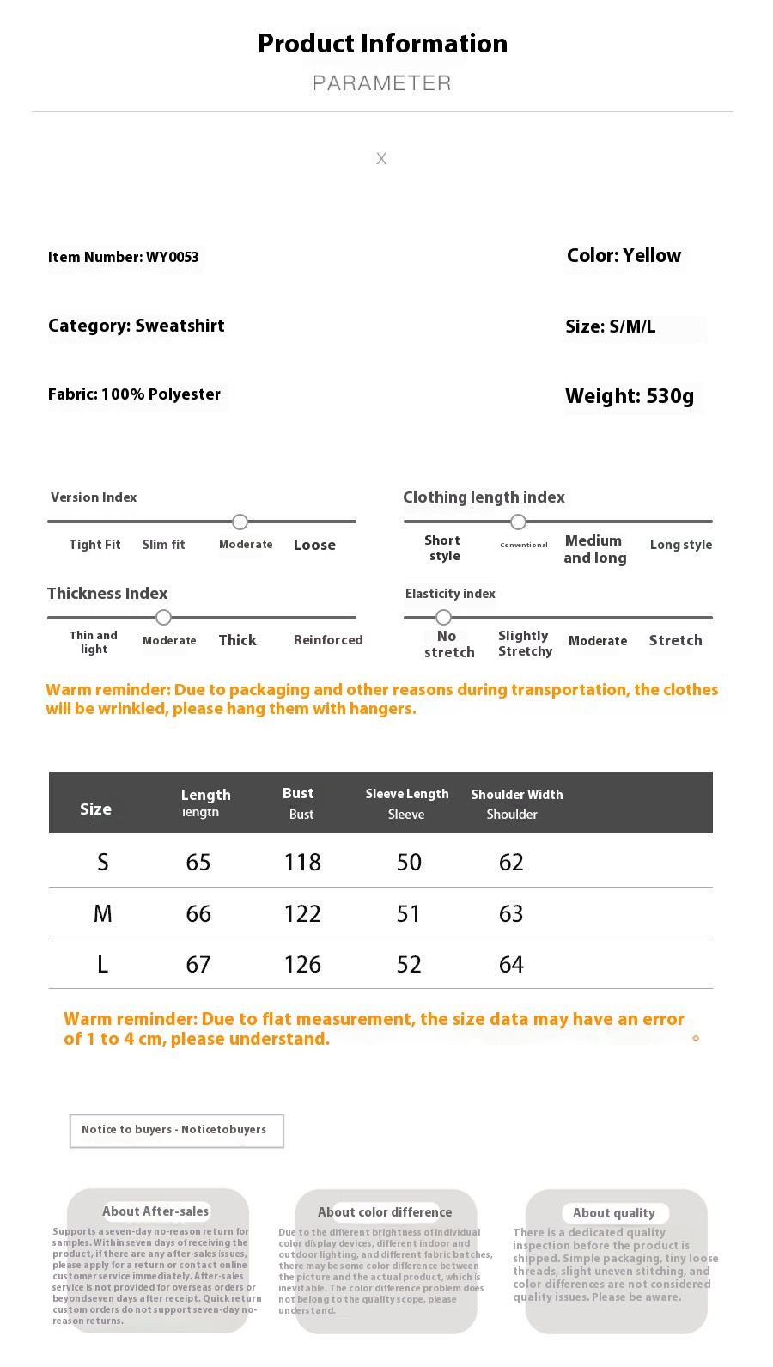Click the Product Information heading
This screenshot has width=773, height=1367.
pos(382,43)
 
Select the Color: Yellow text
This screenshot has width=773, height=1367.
pos(624,255)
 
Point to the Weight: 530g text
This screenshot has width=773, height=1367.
pos(629,396)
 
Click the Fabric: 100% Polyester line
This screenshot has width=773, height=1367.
pos(134,394)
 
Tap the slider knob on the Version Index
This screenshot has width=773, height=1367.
pos(240,522)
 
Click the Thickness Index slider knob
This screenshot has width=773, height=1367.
pos(163,617)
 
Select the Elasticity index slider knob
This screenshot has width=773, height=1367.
pos(443,617)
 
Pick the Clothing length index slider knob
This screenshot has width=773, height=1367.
pos(518,522)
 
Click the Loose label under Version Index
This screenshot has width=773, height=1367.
pos(314,545)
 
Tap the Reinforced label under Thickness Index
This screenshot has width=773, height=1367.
pos(328,640)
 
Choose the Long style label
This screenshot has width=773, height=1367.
pos(680,545)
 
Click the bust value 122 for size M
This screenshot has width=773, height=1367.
pos(302,913)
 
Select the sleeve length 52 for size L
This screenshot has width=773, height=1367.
pos(409,964)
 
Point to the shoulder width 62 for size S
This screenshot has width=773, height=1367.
pos(511,862)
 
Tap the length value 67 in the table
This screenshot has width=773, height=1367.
pos(198,964)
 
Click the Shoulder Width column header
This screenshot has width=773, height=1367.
pos(516,795)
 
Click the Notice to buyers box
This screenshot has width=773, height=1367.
pos(176,1130)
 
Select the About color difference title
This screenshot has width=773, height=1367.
pos(385,1212)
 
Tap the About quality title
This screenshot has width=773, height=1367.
pos(614,1213)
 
